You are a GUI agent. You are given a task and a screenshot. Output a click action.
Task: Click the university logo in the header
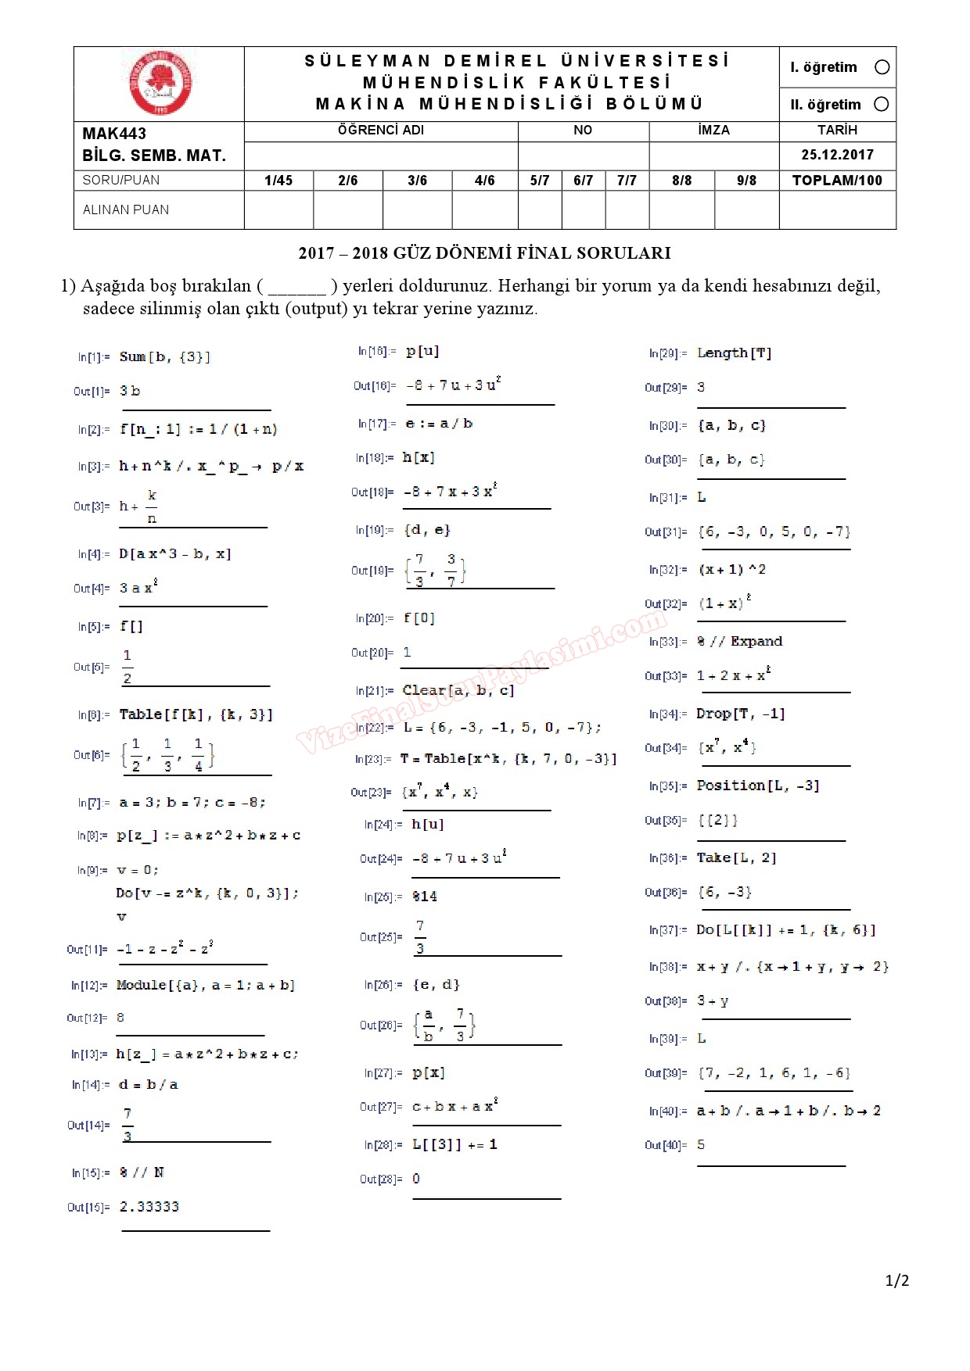(160, 84)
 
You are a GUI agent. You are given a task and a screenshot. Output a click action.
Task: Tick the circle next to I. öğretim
(882, 67)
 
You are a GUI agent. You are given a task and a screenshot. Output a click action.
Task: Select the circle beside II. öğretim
(882, 104)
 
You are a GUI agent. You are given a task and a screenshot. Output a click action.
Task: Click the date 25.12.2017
(837, 155)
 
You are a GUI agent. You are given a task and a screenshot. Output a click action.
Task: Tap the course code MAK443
(114, 134)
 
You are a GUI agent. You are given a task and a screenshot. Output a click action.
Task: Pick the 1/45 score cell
(278, 181)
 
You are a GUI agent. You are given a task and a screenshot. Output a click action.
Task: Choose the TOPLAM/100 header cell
(837, 181)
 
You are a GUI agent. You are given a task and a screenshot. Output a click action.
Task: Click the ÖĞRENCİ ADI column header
(381, 131)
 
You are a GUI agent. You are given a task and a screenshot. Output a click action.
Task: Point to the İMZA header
(713, 131)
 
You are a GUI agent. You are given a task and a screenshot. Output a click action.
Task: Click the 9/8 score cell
(746, 181)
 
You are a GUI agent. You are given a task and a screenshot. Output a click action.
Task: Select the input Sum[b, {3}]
(165, 357)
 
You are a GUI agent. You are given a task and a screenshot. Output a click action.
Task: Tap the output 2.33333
(149, 1207)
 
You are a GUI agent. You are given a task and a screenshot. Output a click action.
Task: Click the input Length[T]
(735, 353)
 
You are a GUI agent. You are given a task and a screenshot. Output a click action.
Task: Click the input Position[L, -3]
(758, 786)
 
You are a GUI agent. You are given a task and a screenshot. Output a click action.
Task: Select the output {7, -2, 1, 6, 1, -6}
(774, 1073)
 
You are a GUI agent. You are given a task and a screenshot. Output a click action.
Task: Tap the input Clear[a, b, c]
(458, 690)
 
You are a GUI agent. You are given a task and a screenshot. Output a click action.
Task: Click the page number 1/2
(897, 1280)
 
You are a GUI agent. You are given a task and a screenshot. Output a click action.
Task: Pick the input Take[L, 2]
(737, 857)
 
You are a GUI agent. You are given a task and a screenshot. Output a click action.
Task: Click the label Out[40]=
(666, 1145)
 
